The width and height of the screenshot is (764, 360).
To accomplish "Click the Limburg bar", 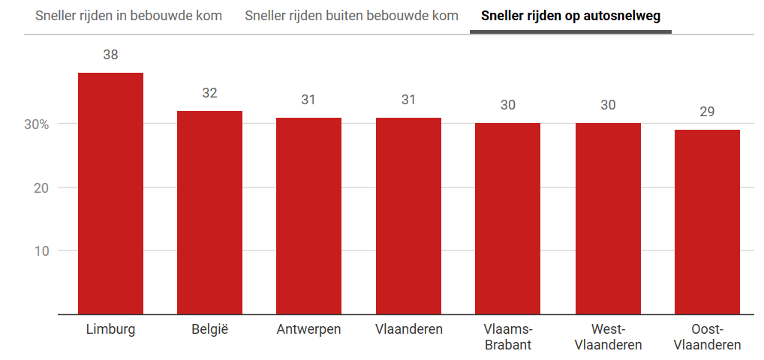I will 110,193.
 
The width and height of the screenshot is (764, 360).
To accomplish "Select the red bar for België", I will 209,212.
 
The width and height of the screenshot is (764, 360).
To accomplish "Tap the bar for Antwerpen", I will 308,216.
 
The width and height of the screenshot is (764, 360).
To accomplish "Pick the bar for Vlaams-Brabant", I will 507,218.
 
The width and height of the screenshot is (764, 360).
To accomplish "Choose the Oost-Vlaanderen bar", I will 707,222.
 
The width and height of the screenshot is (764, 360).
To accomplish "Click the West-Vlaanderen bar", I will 608,218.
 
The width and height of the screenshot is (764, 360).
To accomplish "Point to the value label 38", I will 110,55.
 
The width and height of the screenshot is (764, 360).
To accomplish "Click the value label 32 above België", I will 209,93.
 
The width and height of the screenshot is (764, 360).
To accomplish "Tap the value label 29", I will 707,112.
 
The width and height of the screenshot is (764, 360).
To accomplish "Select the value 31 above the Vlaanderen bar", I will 408,100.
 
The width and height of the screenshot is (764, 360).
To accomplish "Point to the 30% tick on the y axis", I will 36,124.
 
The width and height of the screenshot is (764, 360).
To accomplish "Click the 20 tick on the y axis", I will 41,187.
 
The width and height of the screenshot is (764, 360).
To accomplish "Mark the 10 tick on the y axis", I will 41,250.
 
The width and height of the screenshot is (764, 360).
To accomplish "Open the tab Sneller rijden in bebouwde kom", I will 129,16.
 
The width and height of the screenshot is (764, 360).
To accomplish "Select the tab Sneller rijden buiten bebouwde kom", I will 351,16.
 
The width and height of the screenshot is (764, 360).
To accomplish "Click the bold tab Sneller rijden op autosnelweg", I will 570,16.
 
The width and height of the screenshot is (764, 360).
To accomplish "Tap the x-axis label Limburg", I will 110,329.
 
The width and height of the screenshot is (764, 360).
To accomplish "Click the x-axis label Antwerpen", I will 308,329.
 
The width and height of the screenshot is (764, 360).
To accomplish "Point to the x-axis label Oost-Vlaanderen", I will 707,337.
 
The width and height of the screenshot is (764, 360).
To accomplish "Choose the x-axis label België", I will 209,329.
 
